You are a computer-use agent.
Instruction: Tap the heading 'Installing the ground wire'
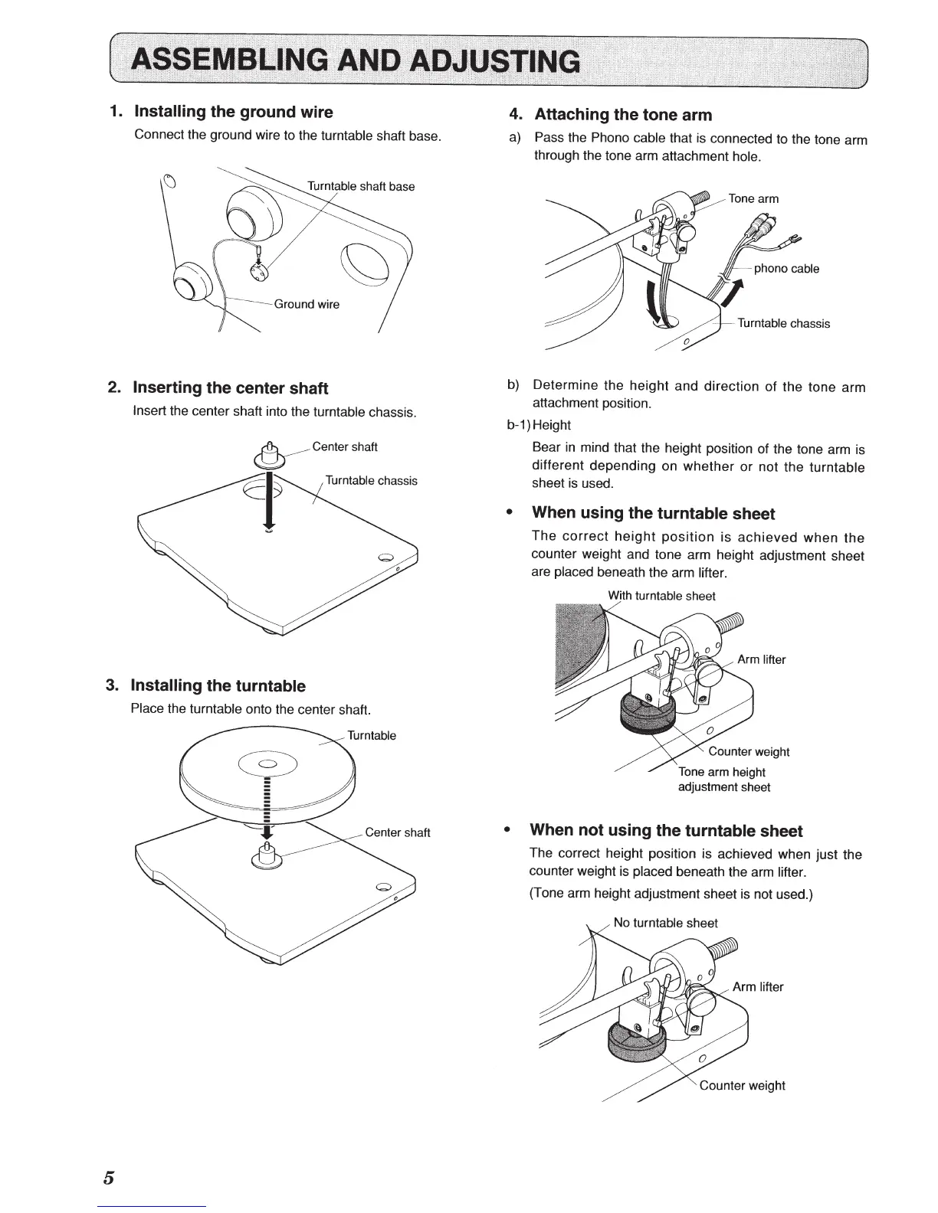tap(233, 112)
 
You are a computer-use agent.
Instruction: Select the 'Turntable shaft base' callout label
tap(361, 186)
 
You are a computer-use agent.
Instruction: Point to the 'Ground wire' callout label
tap(307, 304)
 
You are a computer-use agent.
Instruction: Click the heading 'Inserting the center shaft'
tap(230, 387)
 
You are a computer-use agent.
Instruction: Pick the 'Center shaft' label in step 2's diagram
tap(345, 446)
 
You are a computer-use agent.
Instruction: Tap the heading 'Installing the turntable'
tap(218, 685)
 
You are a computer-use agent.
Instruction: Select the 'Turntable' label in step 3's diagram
tap(372, 735)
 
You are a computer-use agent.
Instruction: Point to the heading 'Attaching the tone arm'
tap(622, 115)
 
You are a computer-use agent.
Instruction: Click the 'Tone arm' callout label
tap(753, 198)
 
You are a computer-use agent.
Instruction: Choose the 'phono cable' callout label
tap(786, 268)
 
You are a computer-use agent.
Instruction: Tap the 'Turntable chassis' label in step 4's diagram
tap(783, 323)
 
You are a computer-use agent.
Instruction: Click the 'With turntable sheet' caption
tap(661, 596)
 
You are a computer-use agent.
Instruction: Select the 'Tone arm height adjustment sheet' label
tap(723, 780)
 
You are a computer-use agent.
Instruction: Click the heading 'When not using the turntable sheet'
tap(666, 830)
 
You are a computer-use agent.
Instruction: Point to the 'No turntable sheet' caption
tap(665, 923)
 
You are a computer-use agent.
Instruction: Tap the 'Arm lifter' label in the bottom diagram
tap(758, 986)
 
